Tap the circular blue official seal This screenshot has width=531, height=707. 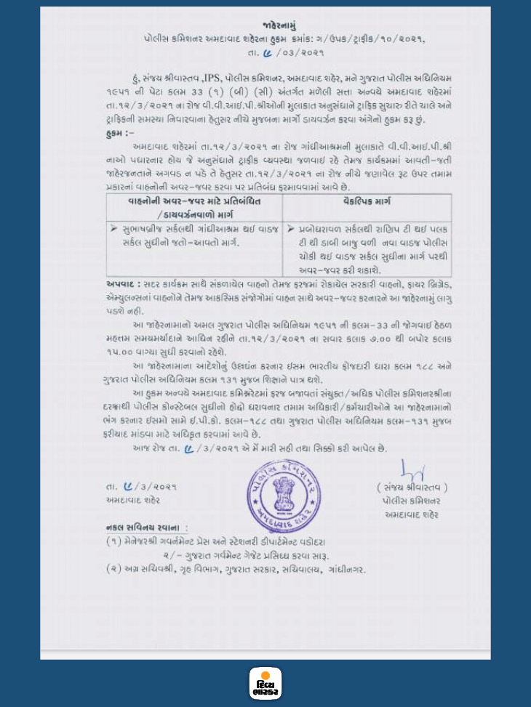point(283,490)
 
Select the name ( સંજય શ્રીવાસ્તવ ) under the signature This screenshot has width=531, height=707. point(412,487)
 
